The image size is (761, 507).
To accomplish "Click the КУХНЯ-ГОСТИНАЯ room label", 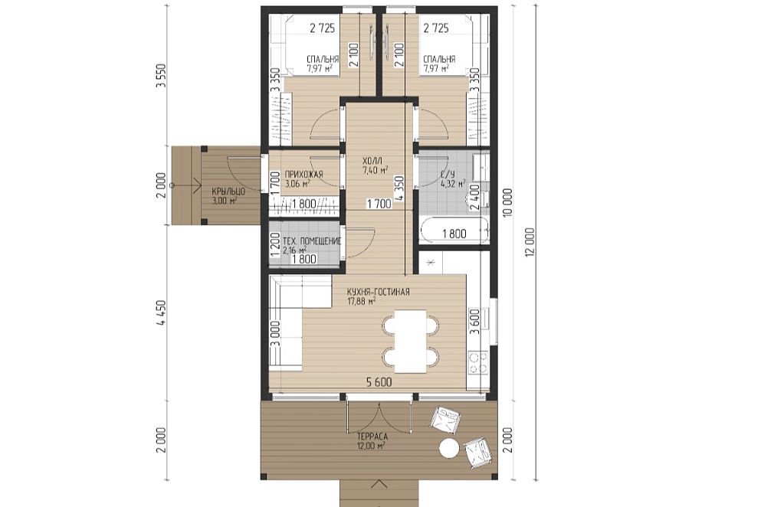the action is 378,292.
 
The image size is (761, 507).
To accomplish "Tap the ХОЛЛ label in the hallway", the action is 372,161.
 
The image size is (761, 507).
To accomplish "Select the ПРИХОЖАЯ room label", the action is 303,175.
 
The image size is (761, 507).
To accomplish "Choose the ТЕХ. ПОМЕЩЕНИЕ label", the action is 312,241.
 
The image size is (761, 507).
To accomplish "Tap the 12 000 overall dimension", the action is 530,242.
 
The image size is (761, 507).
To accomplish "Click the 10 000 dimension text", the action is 508,203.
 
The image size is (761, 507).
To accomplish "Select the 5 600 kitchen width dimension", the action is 379,383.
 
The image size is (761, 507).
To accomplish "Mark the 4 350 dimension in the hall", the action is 399,188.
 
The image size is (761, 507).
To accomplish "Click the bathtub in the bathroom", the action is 453,232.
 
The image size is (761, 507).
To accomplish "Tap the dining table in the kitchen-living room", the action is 411,342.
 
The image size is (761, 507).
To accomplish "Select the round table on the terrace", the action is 449,448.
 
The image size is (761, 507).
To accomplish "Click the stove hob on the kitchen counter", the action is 478,363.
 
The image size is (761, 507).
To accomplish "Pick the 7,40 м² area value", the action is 376,170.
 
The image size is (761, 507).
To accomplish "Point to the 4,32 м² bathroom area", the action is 453,185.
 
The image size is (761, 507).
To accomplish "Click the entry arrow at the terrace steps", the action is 379,484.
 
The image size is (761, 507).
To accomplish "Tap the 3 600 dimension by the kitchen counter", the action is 475,321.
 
